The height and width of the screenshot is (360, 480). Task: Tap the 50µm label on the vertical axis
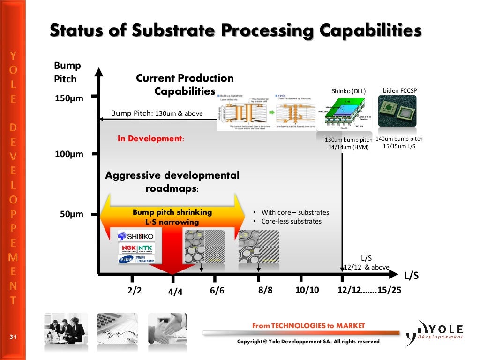click(x=71, y=214)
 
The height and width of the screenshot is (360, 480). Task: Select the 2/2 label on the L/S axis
click(x=134, y=290)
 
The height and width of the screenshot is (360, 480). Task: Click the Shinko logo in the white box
click(x=135, y=236)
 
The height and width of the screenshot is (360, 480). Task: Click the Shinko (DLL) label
click(x=348, y=90)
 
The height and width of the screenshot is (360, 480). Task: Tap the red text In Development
click(x=151, y=139)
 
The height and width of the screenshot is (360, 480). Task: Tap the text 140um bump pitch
click(x=399, y=139)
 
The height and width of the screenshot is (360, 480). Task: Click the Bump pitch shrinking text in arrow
click(x=172, y=212)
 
